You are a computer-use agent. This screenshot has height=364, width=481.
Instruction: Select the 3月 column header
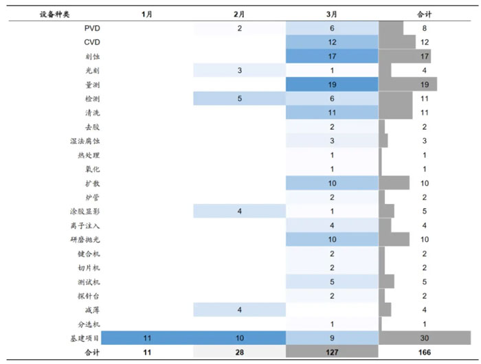click(331, 14)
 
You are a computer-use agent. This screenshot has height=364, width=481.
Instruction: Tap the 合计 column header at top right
click(425, 14)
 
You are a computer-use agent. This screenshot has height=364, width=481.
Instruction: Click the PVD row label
click(92, 28)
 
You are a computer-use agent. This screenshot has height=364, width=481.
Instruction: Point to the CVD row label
click(92, 42)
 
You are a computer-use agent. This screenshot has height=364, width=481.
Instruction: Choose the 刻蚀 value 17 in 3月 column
click(331, 56)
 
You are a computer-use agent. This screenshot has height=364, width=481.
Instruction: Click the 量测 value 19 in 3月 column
click(331, 84)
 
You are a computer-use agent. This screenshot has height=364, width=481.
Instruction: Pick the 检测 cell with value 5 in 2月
click(239, 99)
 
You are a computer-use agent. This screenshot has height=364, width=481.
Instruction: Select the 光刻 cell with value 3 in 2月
click(239, 71)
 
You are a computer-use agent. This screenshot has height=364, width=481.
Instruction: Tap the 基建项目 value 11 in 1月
click(146, 338)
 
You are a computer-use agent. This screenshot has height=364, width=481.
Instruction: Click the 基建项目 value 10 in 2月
click(239, 338)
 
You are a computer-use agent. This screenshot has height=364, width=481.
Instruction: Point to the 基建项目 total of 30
click(425, 338)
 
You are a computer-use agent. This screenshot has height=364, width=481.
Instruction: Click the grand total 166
click(425, 352)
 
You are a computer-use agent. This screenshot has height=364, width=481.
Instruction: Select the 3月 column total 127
click(331, 352)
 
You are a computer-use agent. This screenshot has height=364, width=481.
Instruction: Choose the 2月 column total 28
click(239, 352)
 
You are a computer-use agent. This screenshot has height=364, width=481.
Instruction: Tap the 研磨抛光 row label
click(85, 240)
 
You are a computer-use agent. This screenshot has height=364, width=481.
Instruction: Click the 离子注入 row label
click(85, 225)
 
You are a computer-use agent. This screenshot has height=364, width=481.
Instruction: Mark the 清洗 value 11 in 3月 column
click(331, 113)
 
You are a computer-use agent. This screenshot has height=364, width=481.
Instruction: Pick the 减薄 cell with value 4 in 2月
click(239, 310)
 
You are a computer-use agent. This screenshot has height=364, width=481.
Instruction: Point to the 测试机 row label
click(88, 282)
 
